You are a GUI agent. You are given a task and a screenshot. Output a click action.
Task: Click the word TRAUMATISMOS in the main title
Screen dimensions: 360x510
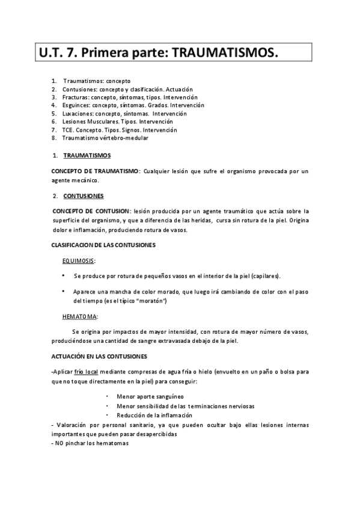click(x=225, y=54)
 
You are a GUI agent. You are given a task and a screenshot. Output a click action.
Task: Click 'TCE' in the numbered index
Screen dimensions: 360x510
click(x=69, y=129)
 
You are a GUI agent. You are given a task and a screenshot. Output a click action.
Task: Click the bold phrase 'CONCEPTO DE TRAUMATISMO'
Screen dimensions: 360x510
click(x=95, y=171)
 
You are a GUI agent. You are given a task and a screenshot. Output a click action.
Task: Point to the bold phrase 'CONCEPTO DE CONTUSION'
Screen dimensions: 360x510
click(x=91, y=211)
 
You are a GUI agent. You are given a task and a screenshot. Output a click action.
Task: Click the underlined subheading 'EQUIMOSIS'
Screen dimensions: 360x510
click(x=78, y=260)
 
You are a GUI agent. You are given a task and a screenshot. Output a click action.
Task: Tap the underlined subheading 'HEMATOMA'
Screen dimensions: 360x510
click(x=80, y=316)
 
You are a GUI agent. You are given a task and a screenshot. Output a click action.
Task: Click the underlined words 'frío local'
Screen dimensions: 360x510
click(x=87, y=372)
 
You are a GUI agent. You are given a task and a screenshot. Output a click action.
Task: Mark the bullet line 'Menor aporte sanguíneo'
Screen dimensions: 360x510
click(x=151, y=398)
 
